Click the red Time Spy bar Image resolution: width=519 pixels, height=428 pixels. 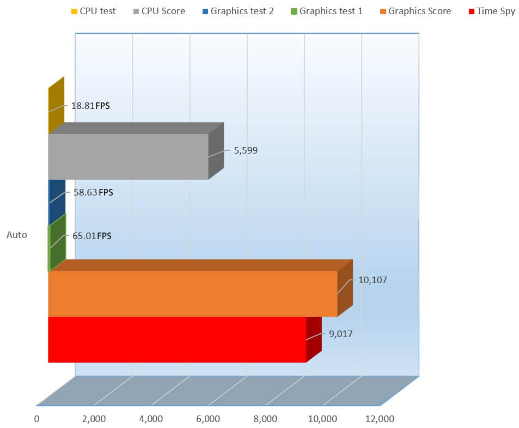[177, 339]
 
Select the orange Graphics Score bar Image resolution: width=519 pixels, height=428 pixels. [192, 294]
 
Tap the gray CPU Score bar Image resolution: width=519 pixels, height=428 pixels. [128, 156]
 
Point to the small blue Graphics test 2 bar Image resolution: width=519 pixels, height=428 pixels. [57, 201]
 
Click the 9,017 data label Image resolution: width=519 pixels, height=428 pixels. [340, 334]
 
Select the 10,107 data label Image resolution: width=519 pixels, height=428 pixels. [372, 280]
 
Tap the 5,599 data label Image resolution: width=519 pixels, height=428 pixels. [246, 150]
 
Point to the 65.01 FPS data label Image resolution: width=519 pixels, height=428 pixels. [91, 236]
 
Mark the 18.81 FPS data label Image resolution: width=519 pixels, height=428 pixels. [90, 106]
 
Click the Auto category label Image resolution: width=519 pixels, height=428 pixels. [17, 235]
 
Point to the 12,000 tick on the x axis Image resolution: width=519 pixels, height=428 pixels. [379, 419]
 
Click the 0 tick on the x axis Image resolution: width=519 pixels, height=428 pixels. [36, 419]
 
